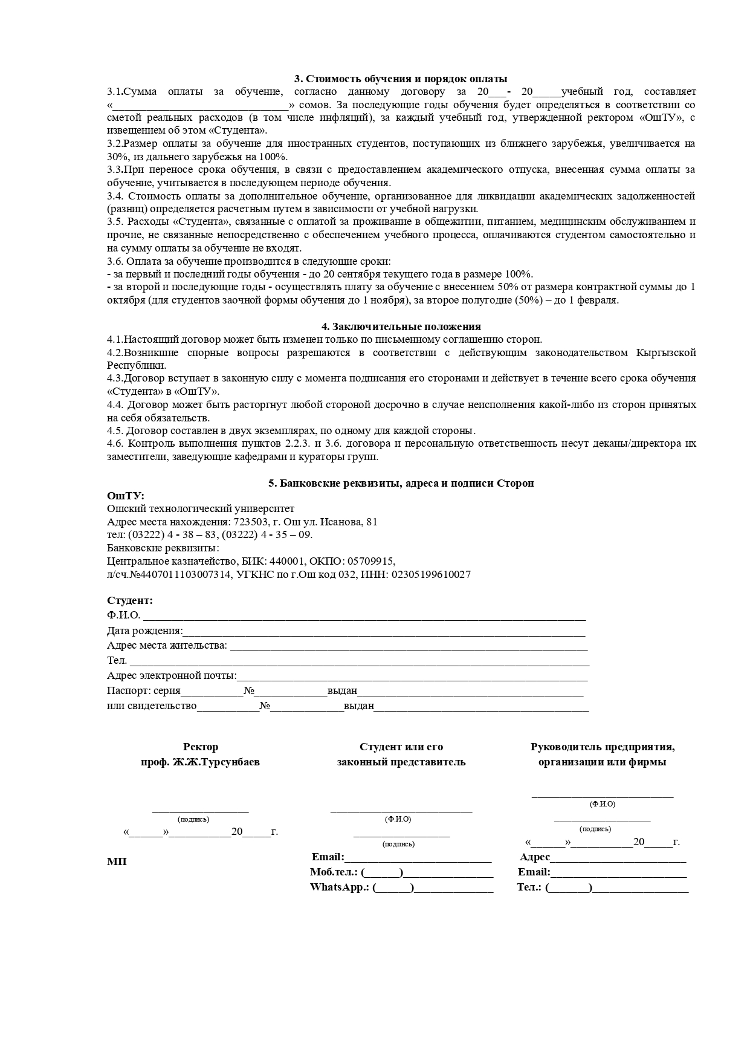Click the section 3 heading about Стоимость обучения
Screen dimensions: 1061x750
coord(401,79)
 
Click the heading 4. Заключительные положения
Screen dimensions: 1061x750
coord(401,327)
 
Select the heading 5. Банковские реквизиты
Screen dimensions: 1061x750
coord(401,483)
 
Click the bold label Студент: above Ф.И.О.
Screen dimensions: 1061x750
coord(130,600)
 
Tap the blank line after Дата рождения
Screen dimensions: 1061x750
coord(384,631)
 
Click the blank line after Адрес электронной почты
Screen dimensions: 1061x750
coord(413,676)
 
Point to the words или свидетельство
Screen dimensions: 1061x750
coord(152,706)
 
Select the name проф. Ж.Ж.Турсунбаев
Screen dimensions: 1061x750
coord(200,762)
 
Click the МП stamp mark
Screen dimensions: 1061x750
coord(117,861)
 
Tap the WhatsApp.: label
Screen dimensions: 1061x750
coord(339,887)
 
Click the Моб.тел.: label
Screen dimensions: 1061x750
coord(334,872)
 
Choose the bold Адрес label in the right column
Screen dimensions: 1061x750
coord(535,857)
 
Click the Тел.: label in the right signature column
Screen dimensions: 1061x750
coord(529,887)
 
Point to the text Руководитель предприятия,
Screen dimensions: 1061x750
coord(603,747)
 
